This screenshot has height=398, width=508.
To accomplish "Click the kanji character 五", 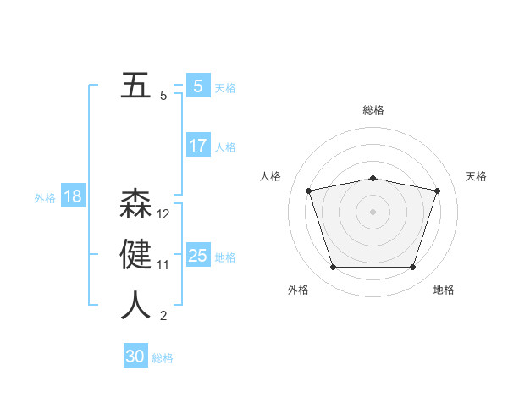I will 135,86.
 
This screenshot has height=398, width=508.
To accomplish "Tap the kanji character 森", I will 135,205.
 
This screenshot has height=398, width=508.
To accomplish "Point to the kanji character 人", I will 135,306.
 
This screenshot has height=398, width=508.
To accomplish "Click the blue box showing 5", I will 197,86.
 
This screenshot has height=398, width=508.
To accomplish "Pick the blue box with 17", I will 197,146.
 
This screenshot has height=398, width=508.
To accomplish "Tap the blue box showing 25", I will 197,256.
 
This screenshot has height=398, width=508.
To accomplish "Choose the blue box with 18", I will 72,197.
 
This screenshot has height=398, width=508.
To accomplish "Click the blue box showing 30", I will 135,357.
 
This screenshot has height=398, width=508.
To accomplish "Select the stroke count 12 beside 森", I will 163,214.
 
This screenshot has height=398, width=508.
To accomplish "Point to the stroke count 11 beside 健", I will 163,265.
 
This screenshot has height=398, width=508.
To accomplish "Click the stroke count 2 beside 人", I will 163,316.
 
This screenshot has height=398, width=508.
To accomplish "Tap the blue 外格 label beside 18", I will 45,198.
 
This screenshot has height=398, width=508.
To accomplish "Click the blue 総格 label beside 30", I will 163,358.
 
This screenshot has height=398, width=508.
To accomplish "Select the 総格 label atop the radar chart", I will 373,110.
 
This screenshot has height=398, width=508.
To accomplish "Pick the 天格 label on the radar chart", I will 477,176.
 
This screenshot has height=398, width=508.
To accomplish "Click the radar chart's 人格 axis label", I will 270,176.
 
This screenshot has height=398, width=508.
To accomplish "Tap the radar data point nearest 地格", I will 412,267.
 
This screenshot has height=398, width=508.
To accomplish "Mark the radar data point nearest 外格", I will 333,267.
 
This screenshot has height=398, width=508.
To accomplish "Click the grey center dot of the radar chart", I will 373,212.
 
